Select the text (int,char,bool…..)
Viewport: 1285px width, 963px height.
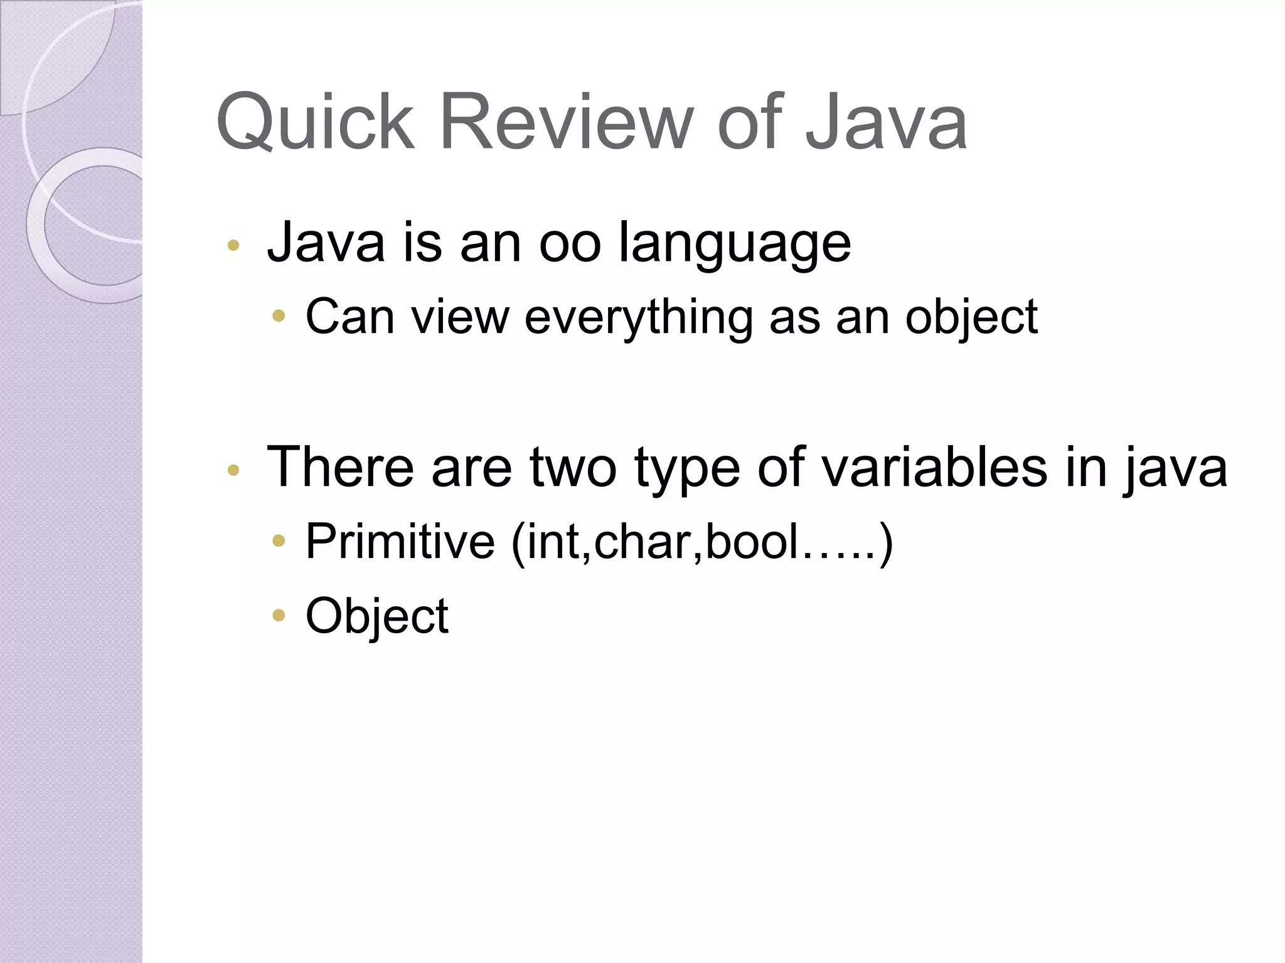[702, 542]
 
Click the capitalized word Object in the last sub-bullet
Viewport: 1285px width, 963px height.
[377, 616]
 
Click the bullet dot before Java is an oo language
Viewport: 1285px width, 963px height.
[233, 246]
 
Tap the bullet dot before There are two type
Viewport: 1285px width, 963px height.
[233, 470]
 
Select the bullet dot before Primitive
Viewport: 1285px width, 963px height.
[279, 541]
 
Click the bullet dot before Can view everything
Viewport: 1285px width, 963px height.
[279, 317]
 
